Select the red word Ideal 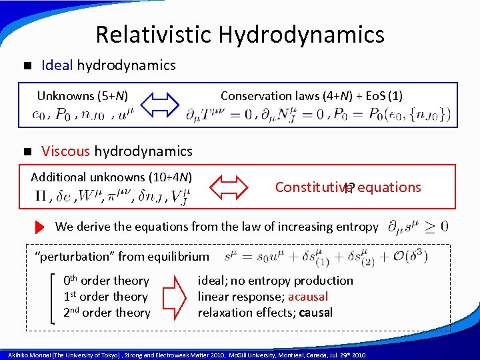[x=58, y=65]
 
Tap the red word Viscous [x=66, y=151]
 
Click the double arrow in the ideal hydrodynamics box [x=161, y=105]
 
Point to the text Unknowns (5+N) [x=82, y=96]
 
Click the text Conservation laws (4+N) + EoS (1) [x=311, y=96]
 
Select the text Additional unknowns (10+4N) [x=111, y=177]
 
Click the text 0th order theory [x=106, y=281]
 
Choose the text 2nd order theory [x=107, y=313]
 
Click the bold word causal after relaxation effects [x=316, y=313]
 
